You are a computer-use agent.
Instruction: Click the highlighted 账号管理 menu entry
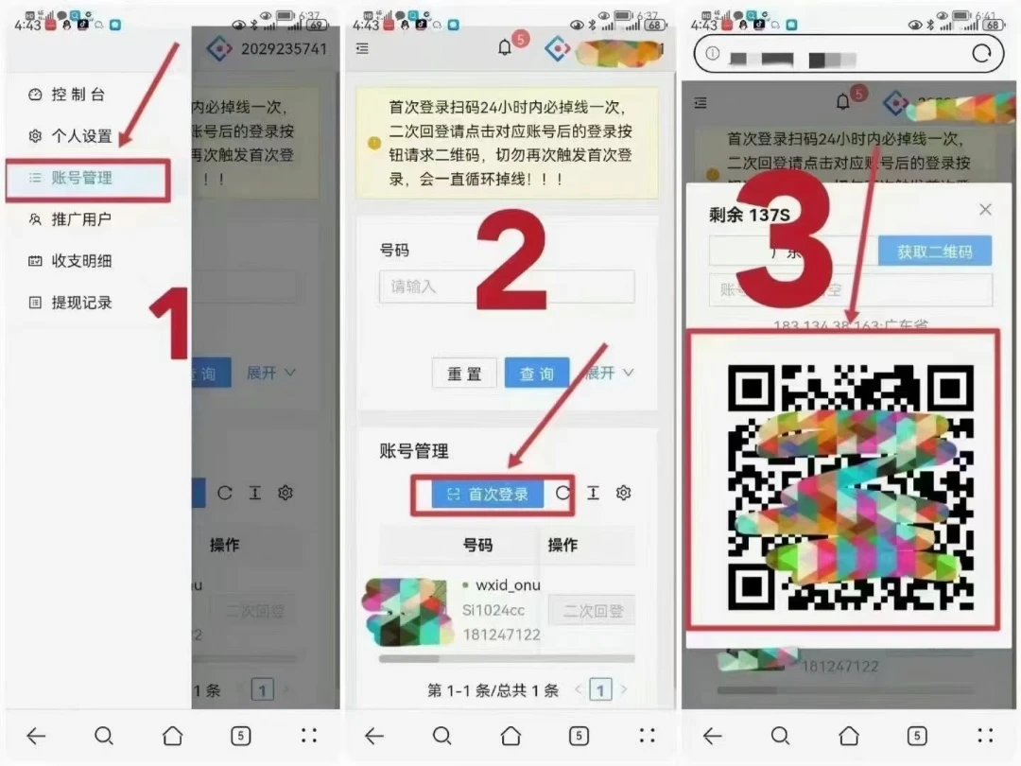[82, 178]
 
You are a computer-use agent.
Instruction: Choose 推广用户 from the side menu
[80, 219]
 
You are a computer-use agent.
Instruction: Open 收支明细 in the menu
[80, 261]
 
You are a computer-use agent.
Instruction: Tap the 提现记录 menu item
[80, 303]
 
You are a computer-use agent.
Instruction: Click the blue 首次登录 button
[488, 494]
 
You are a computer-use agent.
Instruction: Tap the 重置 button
[464, 374]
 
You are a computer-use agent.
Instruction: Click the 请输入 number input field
[506, 287]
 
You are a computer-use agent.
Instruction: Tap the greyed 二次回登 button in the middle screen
[592, 611]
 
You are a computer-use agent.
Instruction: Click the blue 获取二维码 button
[934, 252]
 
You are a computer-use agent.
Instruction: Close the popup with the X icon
[985, 210]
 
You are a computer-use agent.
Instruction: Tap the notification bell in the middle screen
[505, 49]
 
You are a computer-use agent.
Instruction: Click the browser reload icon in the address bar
[981, 54]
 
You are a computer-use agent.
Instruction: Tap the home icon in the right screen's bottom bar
[849, 736]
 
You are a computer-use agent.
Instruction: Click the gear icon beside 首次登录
[623, 493]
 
